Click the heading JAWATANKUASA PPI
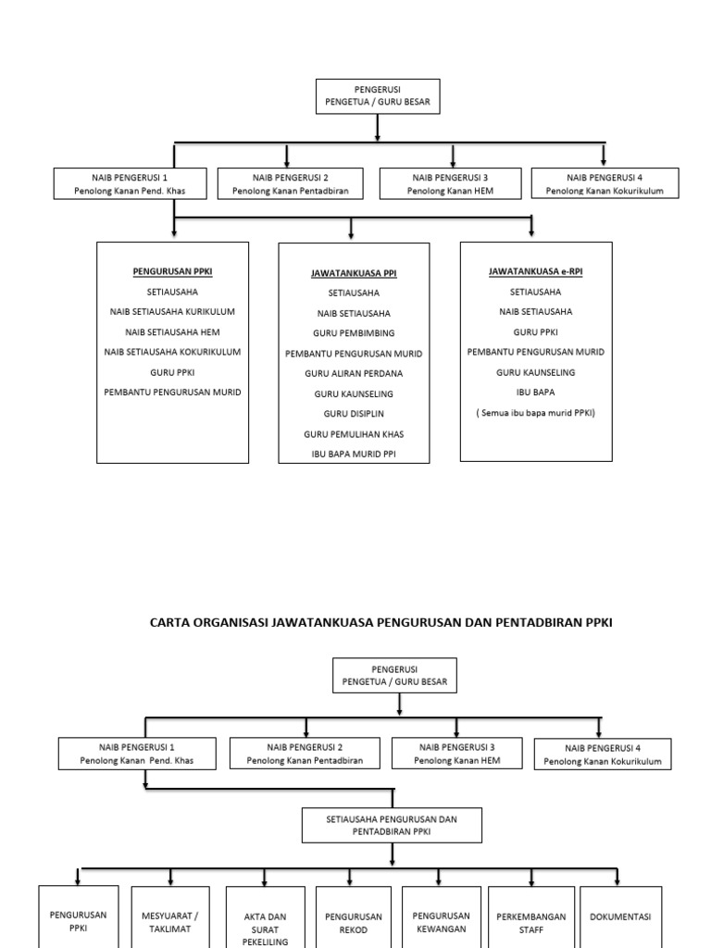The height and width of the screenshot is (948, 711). (x=354, y=274)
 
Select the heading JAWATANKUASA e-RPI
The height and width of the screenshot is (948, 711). (x=536, y=271)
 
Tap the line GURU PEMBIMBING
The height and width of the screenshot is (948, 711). (x=354, y=333)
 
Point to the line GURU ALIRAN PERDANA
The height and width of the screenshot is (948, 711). (x=354, y=373)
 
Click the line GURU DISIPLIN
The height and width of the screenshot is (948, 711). (x=354, y=413)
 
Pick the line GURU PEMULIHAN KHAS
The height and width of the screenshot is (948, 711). (x=354, y=433)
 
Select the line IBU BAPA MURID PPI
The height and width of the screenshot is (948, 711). (x=354, y=454)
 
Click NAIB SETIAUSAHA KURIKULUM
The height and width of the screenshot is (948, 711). (x=172, y=311)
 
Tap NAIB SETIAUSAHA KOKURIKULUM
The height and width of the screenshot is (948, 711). (x=172, y=352)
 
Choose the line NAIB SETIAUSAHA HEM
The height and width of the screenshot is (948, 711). (x=172, y=331)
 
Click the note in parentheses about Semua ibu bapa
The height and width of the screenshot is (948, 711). (x=536, y=412)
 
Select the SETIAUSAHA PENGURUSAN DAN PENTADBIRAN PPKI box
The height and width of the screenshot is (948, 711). (x=392, y=825)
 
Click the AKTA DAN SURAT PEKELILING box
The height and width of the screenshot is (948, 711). (x=266, y=929)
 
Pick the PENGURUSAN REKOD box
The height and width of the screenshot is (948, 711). (x=353, y=923)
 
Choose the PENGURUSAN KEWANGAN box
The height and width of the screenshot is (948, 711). (x=440, y=922)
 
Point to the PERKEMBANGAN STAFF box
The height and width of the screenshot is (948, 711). (x=530, y=923)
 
